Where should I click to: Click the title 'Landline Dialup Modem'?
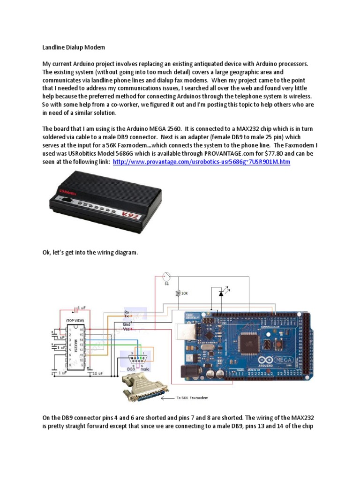pos(74,47)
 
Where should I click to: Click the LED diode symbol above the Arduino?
pos(221,293)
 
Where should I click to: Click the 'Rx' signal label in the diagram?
pos(127,311)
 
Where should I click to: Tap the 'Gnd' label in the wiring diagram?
pos(127,324)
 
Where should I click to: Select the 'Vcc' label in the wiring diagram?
pos(127,330)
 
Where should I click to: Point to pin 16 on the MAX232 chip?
pos(81,330)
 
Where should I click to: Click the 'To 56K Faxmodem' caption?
pos(192,397)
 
